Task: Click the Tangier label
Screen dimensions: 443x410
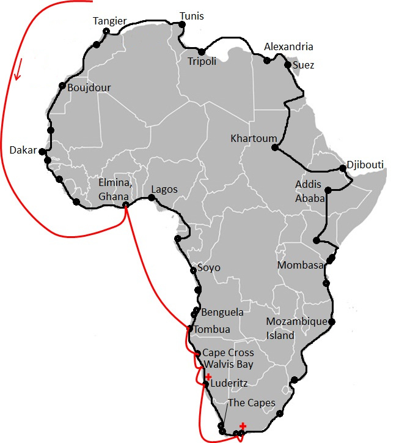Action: coord(110,21)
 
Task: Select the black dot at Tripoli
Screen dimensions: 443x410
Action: coord(201,51)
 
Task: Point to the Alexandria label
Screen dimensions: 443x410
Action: coord(288,47)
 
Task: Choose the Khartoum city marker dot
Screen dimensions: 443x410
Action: coord(275,147)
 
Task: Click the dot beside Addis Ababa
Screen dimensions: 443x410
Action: coord(328,190)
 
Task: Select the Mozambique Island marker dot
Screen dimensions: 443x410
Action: coord(332,322)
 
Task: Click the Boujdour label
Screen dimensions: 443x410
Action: coord(89,87)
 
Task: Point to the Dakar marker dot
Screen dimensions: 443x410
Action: coord(42,151)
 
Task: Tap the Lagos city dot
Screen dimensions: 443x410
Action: coord(152,197)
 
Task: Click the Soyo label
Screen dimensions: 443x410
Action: coord(208,268)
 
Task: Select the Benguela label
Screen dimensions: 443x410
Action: coord(222,312)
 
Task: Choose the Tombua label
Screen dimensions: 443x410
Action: coord(211,329)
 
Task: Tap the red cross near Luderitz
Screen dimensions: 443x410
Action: coord(208,376)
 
